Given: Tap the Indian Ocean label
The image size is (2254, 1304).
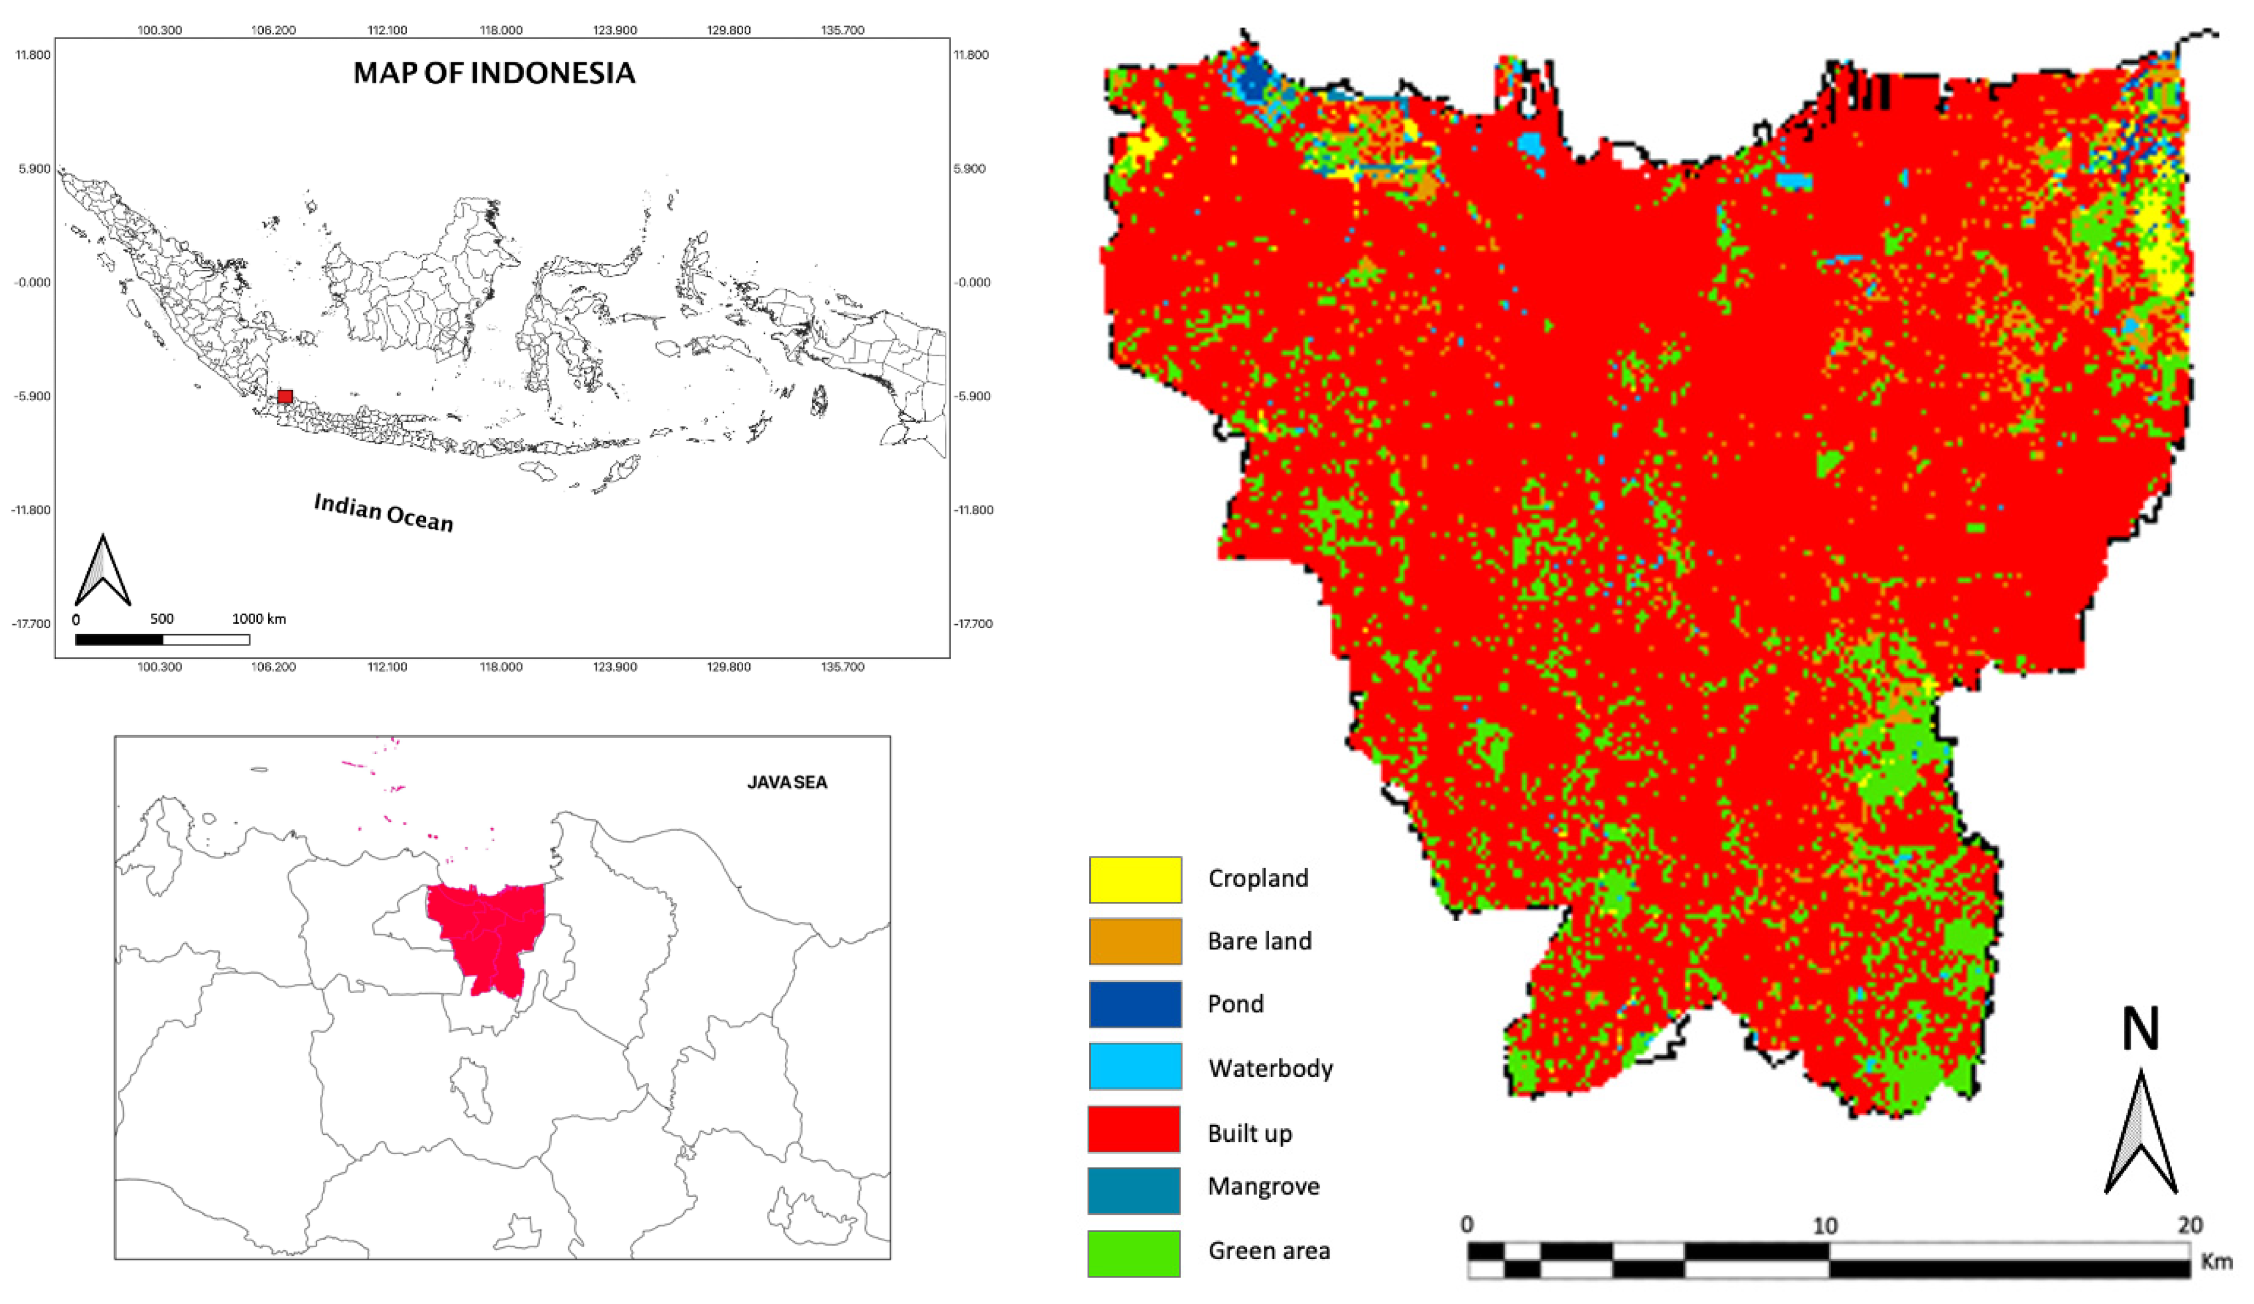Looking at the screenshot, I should coord(384,513).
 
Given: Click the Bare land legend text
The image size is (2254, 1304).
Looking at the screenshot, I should coord(1259,941).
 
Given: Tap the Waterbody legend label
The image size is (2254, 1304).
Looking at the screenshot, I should coord(1270,1068).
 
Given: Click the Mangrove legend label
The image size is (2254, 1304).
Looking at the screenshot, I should coord(1263,1186).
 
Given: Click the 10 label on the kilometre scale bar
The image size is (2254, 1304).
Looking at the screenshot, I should coord(1825,1225).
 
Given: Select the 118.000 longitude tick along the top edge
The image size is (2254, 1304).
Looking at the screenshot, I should coord(501,30).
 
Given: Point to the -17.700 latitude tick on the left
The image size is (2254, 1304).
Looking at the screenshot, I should coord(31,623).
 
